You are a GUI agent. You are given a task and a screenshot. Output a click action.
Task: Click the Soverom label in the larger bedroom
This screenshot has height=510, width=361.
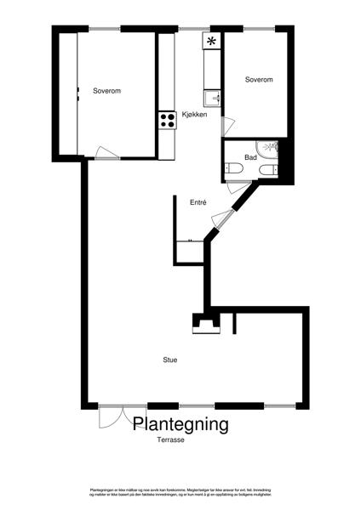coord(107,91)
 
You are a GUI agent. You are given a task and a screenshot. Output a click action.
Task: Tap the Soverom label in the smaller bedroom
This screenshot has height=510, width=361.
coord(259,80)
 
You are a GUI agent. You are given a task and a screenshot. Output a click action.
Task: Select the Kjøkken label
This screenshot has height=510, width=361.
coord(195,115)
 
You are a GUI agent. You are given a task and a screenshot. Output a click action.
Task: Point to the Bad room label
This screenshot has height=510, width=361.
coord(251,157)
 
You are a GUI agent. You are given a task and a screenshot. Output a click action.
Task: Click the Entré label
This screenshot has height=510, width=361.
coord(198,202)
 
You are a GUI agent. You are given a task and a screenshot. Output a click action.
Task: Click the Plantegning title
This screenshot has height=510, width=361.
coord(180,423)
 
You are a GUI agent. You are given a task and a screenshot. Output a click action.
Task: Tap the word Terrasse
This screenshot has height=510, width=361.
coord(171,440)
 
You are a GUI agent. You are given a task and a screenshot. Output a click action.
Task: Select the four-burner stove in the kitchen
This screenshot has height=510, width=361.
coord(166,120)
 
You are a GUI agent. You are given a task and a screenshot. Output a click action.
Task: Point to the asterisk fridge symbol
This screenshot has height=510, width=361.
coord(211,41)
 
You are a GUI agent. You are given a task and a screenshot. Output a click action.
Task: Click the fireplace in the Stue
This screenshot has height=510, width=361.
coord(204,323)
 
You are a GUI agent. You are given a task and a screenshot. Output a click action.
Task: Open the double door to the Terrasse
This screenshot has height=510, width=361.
coord(111,416)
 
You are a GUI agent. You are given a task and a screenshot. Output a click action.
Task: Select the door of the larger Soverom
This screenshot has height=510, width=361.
coord(107,153)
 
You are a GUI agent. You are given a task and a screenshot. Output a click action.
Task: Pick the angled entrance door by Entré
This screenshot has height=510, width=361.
coord(221,218)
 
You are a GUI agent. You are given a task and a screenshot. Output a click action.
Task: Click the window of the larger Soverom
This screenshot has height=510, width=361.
coord(99,29)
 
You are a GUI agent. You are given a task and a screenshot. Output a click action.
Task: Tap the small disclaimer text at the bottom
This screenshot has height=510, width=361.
coord(180,492)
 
